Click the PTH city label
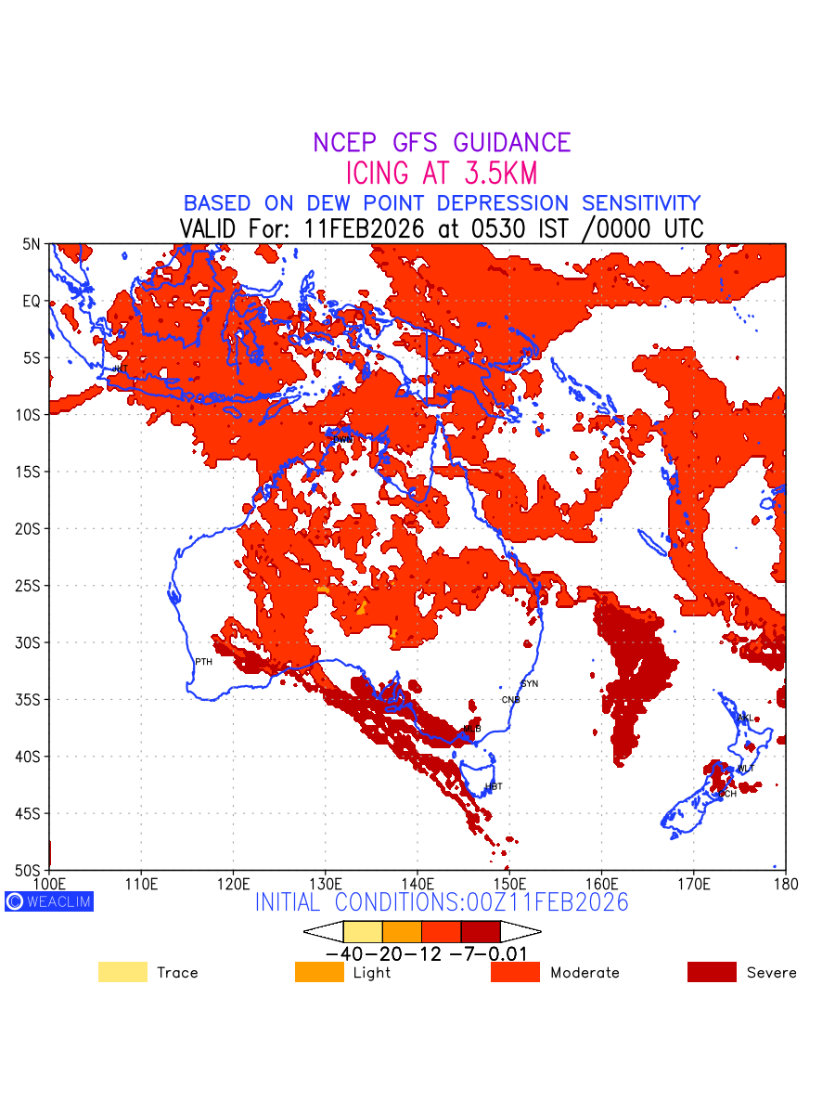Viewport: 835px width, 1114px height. tap(203, 662)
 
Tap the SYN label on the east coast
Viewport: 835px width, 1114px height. tap(530, 684)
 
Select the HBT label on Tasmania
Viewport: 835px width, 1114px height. tap(494, 787)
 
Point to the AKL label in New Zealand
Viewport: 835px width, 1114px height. tap(744, 718)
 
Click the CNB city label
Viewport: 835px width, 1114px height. tap(510, 700)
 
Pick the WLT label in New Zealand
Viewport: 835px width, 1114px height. tap(746, 769)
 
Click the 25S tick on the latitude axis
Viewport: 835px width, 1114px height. tap(32, 586)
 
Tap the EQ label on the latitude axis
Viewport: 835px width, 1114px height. tap(32, 301)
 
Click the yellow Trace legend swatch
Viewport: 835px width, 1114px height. tap(122, 972)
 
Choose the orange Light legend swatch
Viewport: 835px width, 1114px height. tap(319, 972)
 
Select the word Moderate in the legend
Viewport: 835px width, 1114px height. tap(584, 973)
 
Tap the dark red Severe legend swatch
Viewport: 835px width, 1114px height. tap(712, 972)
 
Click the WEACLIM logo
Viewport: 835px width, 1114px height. tap(49, 901)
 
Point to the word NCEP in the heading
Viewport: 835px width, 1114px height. tap(347, 143)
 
